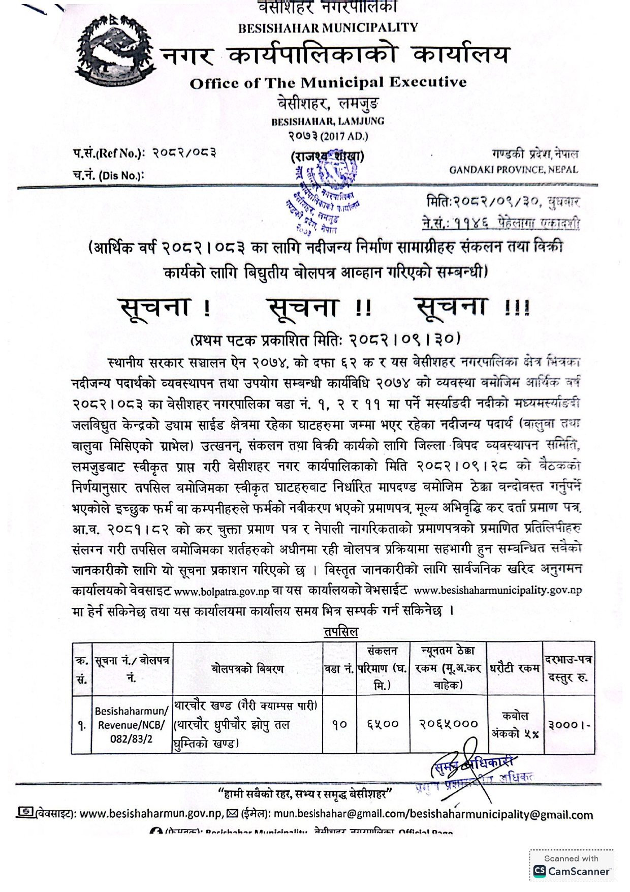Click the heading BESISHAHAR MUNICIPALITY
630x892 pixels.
click(x=328, y=27)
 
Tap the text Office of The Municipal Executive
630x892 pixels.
click(x=328, y=83)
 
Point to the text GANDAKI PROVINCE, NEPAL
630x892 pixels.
click(x=513, y=170)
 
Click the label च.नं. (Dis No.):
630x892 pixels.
click(x=108, y=176)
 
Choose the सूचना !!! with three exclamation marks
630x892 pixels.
click(x=472, y=307)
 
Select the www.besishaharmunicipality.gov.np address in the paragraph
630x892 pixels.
click(x=498, y=591)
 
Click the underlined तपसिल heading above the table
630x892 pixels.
click(x=341, y=632)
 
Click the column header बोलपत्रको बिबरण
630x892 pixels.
click(x=248, y=669)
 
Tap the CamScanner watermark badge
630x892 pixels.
click(x=571, y=866)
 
